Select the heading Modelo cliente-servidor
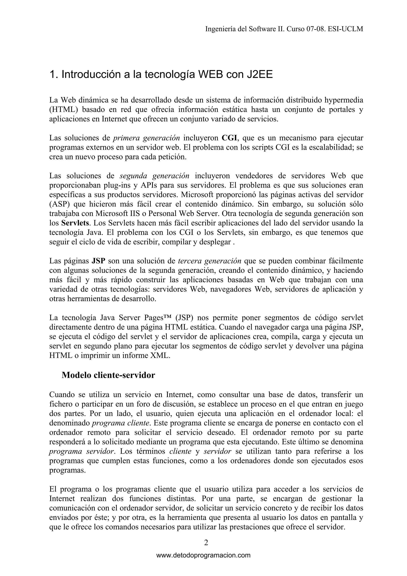108,375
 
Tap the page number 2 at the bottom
206,543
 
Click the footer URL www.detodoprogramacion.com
203,555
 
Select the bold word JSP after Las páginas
98,261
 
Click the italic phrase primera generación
146,138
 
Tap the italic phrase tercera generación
209,261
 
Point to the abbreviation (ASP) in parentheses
59,204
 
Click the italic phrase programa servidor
82,451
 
